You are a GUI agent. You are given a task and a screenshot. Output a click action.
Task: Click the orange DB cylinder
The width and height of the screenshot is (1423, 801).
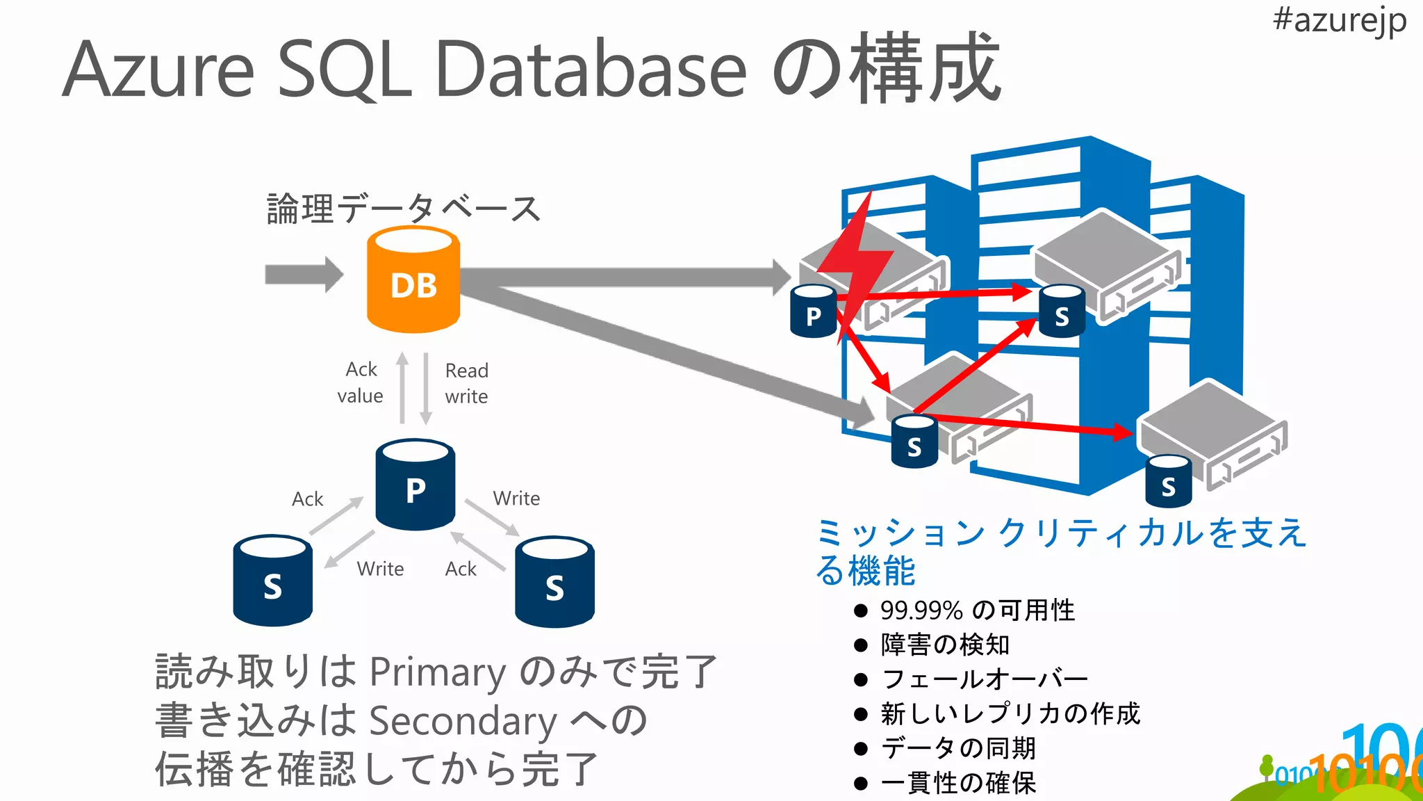pyautogui.click(x=413, y=282)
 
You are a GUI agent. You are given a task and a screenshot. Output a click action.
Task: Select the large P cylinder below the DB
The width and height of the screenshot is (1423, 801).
pyautogui.click(x=415, y=485)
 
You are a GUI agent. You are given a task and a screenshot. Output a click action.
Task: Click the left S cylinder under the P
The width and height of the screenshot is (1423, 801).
pyautogui.click(x=272, y=581)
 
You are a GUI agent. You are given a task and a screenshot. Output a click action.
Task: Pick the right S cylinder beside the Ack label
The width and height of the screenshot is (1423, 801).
pyautogui.click(x=554, y=583)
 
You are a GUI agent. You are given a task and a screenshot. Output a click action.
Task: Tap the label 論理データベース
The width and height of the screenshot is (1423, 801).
pyautogui.click(x=403, y=209)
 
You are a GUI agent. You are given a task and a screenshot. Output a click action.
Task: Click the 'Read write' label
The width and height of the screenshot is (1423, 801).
pyautogui.click(x=466, y=383)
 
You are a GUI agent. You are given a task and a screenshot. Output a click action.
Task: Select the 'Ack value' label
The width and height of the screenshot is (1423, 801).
pyautogui.click(x=361, y=382)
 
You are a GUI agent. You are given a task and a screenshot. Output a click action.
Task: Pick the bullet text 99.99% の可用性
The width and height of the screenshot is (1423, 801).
pyautogui.click(x=977, y=610)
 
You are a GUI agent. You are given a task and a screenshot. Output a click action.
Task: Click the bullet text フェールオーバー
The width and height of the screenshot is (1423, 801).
pyautogui.click(x=984, y=679)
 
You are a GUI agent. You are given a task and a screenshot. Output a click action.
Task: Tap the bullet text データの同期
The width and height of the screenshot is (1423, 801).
pyautogui.click(x=958, y=748)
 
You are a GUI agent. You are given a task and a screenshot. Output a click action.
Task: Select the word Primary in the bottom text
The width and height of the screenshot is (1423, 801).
pyautogui.click(x=437, y=672)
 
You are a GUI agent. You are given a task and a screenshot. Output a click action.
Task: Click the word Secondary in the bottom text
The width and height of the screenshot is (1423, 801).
pyautogui.click(x=462, y=721)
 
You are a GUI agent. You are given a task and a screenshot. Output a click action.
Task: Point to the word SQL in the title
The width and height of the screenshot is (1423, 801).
pyautogui.click(x=345, y=70)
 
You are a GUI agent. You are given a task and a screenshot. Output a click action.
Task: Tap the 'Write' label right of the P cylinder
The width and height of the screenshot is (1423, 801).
pyautogui.click(x=516, y=499)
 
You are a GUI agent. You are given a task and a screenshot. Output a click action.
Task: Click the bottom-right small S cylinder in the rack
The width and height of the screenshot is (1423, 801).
pyautogui.click(x=1168, y=481)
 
